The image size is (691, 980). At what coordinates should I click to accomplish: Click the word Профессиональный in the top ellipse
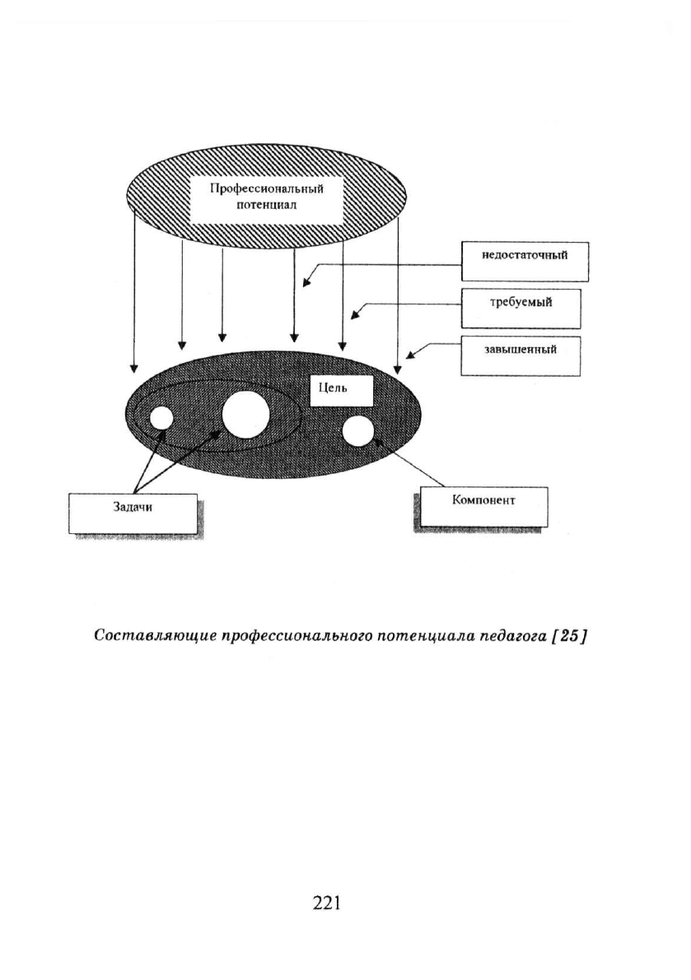266,189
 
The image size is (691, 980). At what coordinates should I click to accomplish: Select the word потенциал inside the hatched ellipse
267,206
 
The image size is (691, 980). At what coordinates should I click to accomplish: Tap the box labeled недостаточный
525,261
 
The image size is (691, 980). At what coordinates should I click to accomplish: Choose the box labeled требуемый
521,308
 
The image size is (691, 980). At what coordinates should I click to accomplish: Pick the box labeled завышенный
521,356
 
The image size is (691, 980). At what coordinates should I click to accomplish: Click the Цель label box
342,391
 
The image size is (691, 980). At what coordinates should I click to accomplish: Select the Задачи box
133,513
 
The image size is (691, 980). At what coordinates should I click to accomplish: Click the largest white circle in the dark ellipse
245,416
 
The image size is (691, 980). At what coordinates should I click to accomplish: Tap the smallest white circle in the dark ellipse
160,418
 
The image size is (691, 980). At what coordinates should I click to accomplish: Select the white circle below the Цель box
357,431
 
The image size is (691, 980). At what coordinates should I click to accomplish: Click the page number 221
326,903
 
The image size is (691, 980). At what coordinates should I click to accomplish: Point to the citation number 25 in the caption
567,635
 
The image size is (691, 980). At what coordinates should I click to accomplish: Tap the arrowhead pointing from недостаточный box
306,282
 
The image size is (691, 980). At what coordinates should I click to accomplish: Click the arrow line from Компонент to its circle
409,462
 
